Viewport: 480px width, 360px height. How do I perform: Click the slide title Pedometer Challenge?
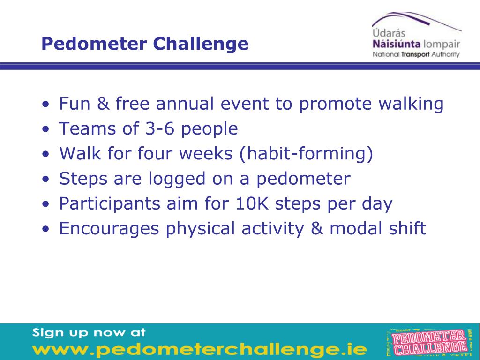[x=144, y=44]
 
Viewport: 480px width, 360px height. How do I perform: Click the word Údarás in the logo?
[x=389, y=34]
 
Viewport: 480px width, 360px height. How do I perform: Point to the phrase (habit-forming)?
[x=307, y=154]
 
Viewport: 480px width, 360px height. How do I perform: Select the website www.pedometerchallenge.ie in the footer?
[x=200, y=349]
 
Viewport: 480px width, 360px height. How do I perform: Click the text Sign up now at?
[x=89, y=333]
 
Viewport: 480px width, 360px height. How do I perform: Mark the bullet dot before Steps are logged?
[x=45, y=180]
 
